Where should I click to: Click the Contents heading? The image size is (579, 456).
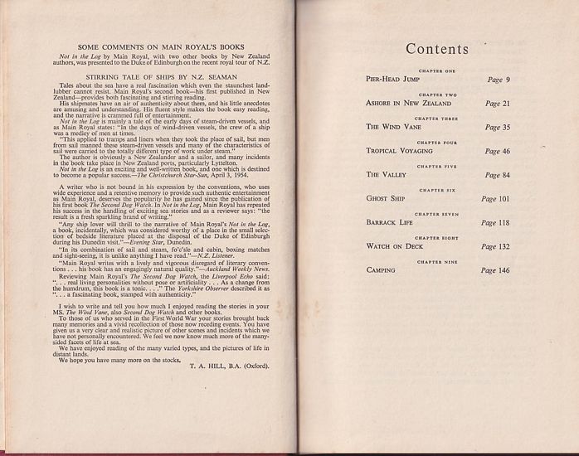[x=437, y=49]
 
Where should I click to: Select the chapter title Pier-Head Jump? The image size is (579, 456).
[x=392, y=80]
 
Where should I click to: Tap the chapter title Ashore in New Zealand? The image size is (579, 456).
[x=409, y=104]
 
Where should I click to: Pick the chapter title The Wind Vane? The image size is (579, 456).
[x=394, y=129]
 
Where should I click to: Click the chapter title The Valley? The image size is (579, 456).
[x=387, y=176]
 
